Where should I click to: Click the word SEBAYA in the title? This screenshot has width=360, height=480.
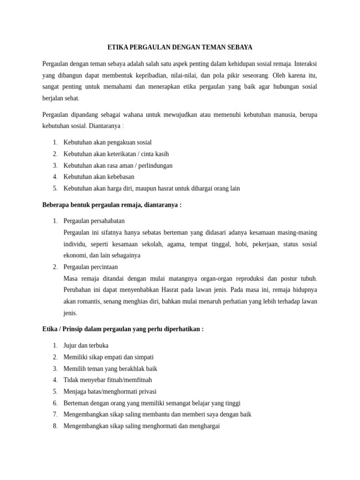pyautogui.click(x=240, y=47)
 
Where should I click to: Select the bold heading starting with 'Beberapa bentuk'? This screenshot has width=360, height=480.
pyautogui.click(x=112, y=205)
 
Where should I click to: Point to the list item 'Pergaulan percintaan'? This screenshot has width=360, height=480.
pyautogui.click(x=90, y=267)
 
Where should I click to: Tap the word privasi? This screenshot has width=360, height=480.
pyautogui.click(x=146, y=391)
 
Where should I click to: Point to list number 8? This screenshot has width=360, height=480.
pyautogui.click(x=55, y=426)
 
